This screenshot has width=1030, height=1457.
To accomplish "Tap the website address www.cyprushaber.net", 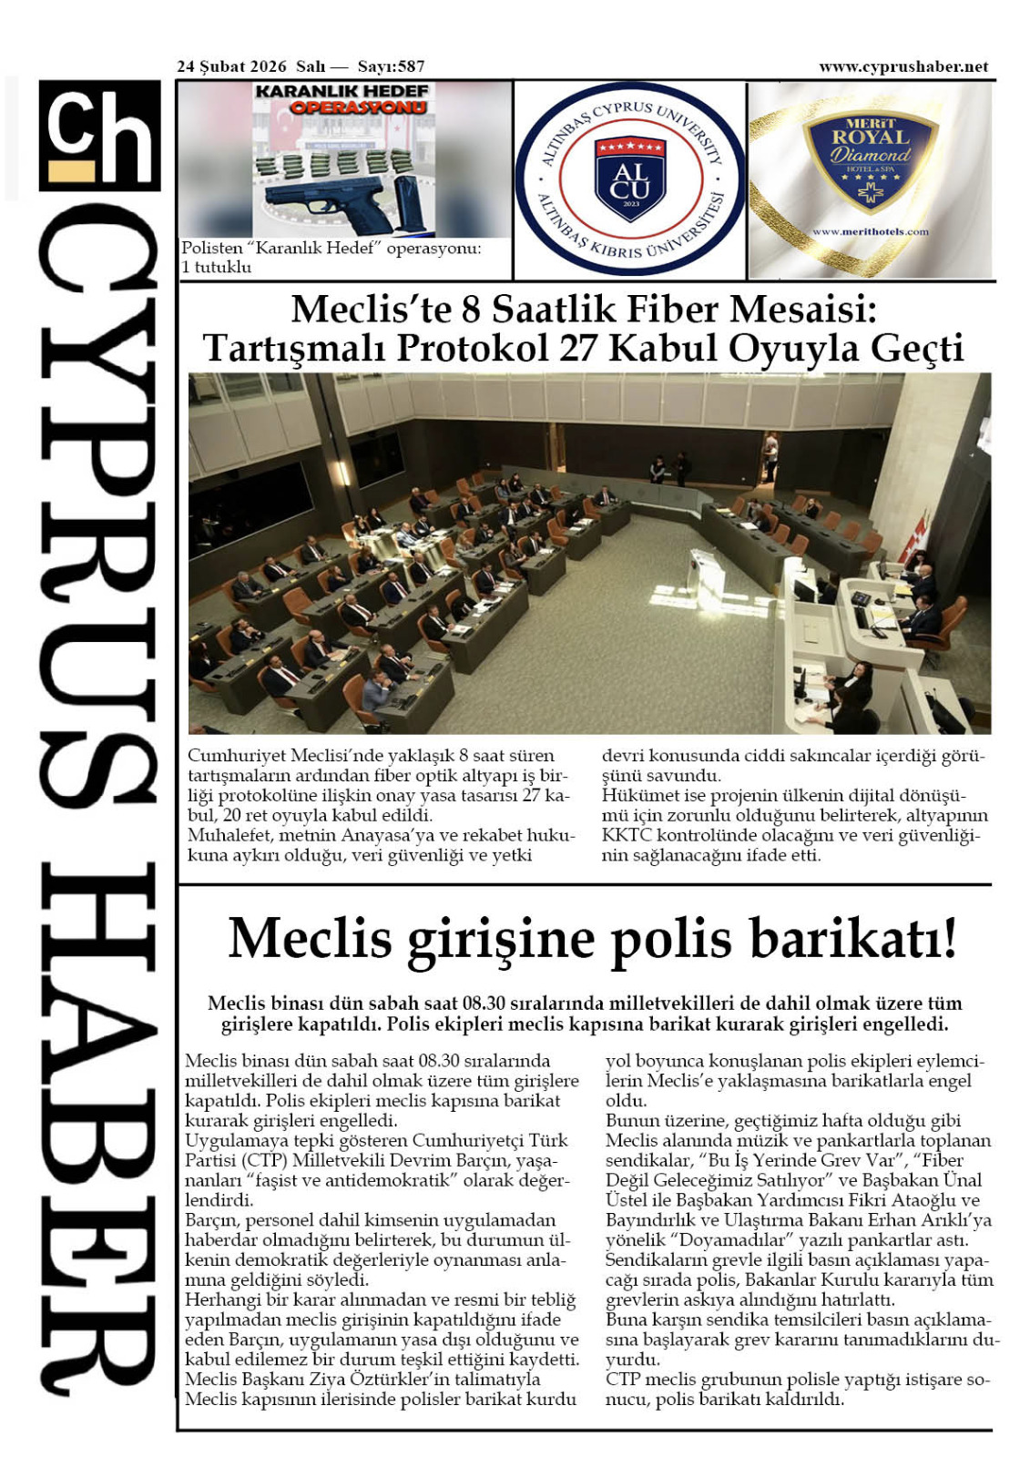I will [x=903, y=66].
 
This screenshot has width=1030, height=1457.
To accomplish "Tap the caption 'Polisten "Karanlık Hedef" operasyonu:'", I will [x=331, y=249].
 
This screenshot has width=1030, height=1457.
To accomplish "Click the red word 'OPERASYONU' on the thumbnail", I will [x=358, y=107].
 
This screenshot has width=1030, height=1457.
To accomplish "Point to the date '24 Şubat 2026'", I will [x=231, y=66].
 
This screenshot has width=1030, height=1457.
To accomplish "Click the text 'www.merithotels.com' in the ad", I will [x=870, y=232].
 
